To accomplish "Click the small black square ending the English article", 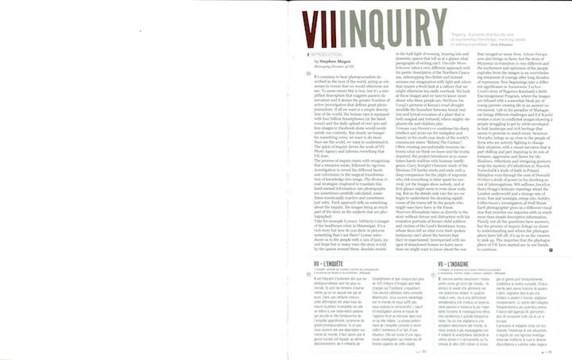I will tap(562, 250).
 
